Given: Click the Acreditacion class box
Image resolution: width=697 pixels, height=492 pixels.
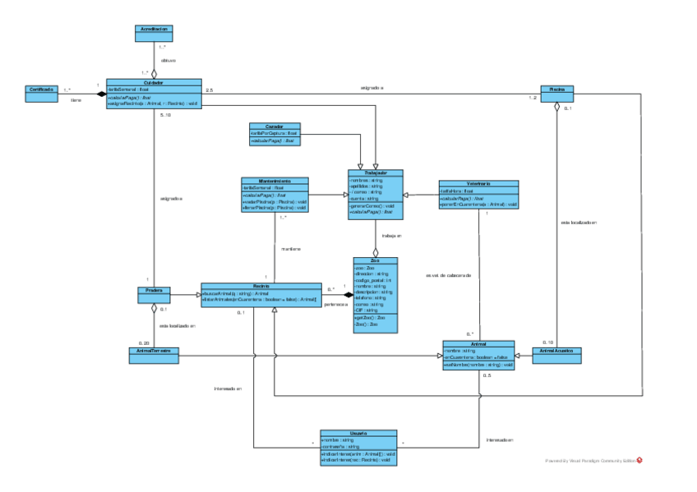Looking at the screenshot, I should coord(154,32).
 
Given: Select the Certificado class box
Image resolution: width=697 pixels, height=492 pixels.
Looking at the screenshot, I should coord(41,92).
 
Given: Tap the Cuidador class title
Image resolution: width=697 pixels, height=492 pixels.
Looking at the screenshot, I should coord(154,83).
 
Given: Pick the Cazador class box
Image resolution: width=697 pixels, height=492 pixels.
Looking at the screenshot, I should coord(275,134).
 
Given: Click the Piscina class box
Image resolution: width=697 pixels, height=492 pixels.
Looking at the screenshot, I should coord(556,92).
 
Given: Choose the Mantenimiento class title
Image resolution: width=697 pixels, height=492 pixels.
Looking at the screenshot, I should coord(275,181).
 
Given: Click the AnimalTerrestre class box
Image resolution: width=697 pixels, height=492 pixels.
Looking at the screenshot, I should coord(154,354).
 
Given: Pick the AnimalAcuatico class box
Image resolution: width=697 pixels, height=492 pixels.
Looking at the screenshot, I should coord(556,354).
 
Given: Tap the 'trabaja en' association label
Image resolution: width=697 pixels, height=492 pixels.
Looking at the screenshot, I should coord(393,237).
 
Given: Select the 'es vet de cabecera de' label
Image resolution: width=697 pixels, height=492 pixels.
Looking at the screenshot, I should coord(449,275).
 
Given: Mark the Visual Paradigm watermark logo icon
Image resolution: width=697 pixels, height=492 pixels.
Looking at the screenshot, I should coord(639,460).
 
